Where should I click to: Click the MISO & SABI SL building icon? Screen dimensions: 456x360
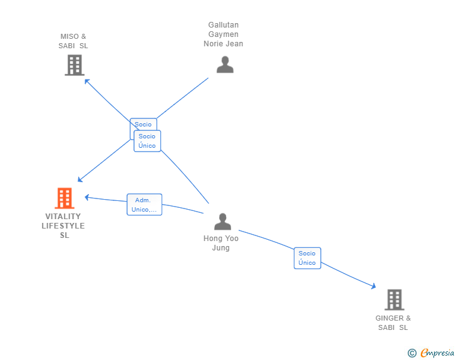click(x=75, y=66)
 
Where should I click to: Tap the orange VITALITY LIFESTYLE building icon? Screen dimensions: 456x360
click(x=65, y=198)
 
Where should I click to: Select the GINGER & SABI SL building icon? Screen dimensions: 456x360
click(x=395, y=300)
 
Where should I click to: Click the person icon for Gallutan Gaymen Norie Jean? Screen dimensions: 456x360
click(x=225, y=64)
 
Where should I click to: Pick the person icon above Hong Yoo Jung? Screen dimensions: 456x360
click(x=223, y=222)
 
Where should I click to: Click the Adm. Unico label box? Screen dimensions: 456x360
click(x=144, y=205)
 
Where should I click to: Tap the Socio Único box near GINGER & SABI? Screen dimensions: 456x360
click(x=308, y=258)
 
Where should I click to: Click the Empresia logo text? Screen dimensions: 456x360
click(x=437, y=352)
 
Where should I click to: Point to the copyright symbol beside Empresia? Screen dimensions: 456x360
click(x=412, y=353)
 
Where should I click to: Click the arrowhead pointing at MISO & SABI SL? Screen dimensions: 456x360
click(x=86, y=81)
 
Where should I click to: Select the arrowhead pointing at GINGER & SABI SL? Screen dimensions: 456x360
click(x=373, y=286)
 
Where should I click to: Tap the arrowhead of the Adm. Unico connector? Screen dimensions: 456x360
click(x=86, y=197)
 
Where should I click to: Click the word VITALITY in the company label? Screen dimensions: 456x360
click(x=63, y=217)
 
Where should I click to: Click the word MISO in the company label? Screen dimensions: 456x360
click(x=70, y=36)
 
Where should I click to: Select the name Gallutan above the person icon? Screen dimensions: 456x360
click(x=224, y=24)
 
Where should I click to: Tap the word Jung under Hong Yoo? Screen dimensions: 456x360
click(x=220, y=248)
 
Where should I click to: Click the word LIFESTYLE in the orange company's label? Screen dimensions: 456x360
click(x=63, y=225)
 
